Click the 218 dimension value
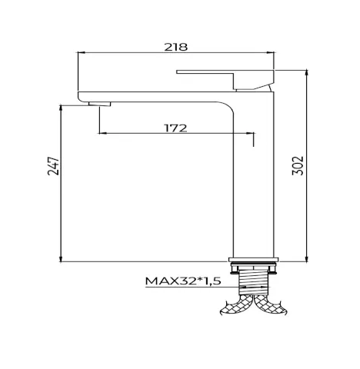(x=176, y=47)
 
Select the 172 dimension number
(x=175, y=128)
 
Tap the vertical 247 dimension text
(x=53, y=166)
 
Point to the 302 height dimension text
(x=298, y=165)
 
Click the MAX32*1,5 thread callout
(x=183, y=281)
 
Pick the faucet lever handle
(x=225, y=79)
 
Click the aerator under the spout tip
(x=99, y=104)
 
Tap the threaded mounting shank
(x=253, y=281)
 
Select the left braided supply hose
(x=236, y=305)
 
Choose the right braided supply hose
(x=271, y=305)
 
